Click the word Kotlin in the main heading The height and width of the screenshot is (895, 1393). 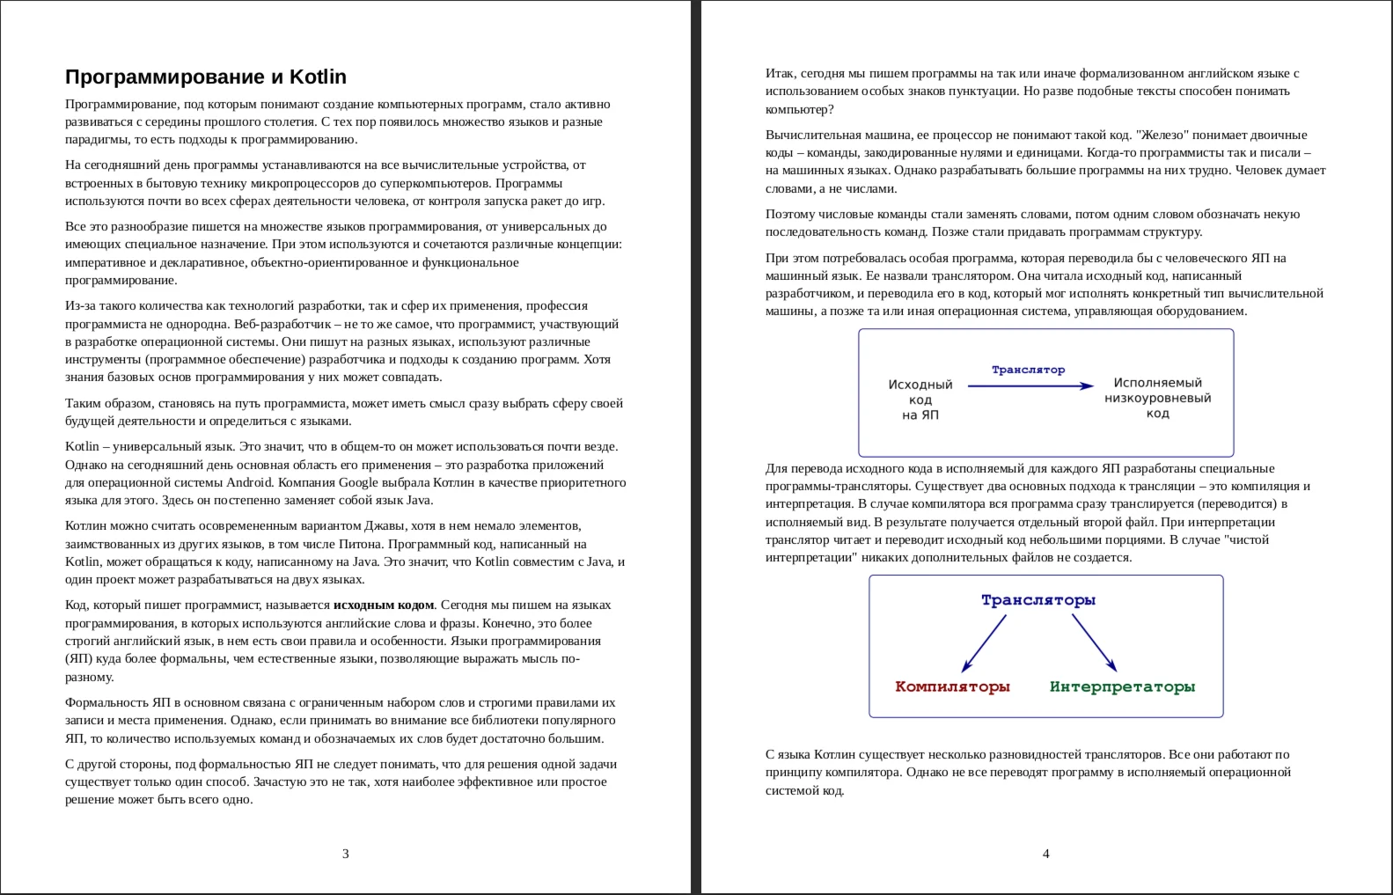[x=319, y=77]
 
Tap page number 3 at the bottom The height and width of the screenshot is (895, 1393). [x=345, y=854]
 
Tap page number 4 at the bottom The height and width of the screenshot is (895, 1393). [x=1045, y=854]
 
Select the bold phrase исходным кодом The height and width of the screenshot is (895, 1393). [x=384, y=605]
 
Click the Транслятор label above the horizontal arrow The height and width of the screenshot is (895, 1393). [x=1028, y=370]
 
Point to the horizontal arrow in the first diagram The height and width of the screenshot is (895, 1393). [x=1030, y=385]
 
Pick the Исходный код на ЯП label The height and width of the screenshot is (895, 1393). [x=920, y=400]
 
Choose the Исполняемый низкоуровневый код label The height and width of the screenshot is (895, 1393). [x=1157, y=398]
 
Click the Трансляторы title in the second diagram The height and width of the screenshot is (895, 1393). [x=1038, y=600]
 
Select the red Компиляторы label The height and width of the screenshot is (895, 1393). [x=952, y=686]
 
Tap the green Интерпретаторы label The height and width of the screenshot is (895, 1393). [x=1122, y=686]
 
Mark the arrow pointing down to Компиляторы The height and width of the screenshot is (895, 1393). [x=984, y=643]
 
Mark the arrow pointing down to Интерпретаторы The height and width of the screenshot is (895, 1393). [x=1094, y=643]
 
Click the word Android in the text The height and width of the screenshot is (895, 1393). [x=249, y=482]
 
